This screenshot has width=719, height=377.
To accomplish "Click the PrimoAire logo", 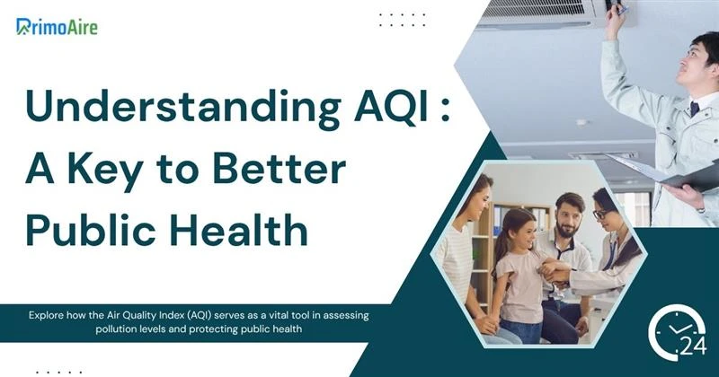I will (57, 26).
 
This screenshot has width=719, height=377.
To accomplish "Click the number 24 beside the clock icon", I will (694, 346).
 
